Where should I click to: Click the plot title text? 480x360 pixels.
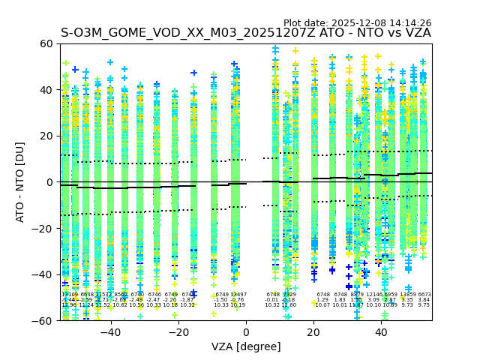click(x=246, y=33)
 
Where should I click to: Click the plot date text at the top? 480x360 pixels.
click(x=357, y=23)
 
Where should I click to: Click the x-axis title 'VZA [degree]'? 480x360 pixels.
click(x=246, y=346)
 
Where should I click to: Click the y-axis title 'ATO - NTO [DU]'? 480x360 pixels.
click(x=20, y=181)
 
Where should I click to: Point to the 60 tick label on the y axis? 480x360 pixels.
click(x=46, y=43)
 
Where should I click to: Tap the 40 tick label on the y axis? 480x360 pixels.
click(x=46, y=90)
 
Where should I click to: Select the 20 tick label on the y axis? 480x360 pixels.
click(x=46, y=136)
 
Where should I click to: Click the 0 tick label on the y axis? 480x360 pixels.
click(x=49, y=182)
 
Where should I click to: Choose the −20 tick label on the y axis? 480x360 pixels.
click(x=43, y=228)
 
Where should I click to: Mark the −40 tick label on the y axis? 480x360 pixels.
click(x=43, y=274)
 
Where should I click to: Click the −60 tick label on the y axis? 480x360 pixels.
click(x=43, y=320)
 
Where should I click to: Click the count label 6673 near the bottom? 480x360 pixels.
click(x=424, y=295)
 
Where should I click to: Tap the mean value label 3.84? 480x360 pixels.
click(x=424, y=300)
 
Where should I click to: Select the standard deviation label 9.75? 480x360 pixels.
click(x=424, y=305)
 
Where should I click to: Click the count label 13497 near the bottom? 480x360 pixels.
click(x=238, y=295)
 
